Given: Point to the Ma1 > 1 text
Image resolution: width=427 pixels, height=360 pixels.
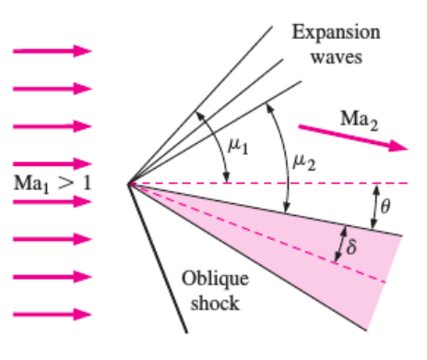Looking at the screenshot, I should (x=53, y=182).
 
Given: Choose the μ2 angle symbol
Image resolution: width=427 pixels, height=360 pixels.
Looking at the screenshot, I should (x=302, y=162).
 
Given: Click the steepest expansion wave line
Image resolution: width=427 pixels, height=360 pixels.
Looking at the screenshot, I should (x=203, y=102).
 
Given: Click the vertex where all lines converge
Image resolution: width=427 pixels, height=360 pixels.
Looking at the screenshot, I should (x=130, y=184).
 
